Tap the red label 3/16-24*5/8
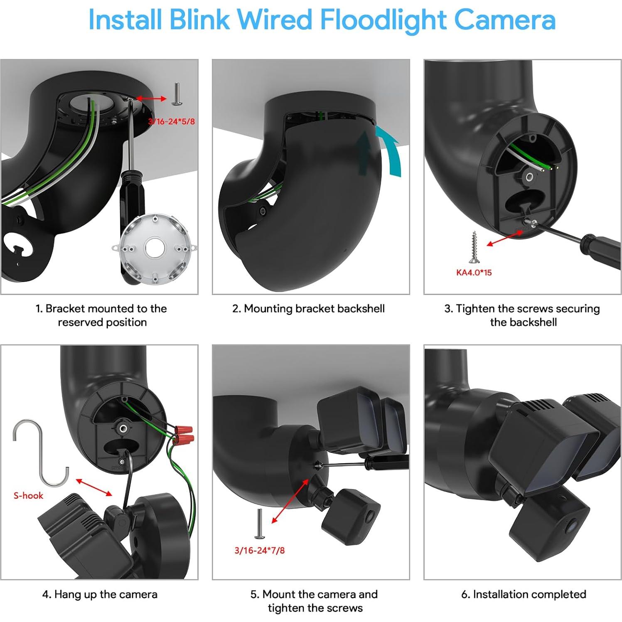[171, 121]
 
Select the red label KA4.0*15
[474, 273]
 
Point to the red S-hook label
[28, 495]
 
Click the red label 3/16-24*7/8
[260, 550]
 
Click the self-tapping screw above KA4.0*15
[473, 247]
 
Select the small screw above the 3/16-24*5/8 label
[176, 94]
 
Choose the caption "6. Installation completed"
[524, 594]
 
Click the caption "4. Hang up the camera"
[100, 594]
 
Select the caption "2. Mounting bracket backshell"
[308, 308]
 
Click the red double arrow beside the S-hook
[94, 487]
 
